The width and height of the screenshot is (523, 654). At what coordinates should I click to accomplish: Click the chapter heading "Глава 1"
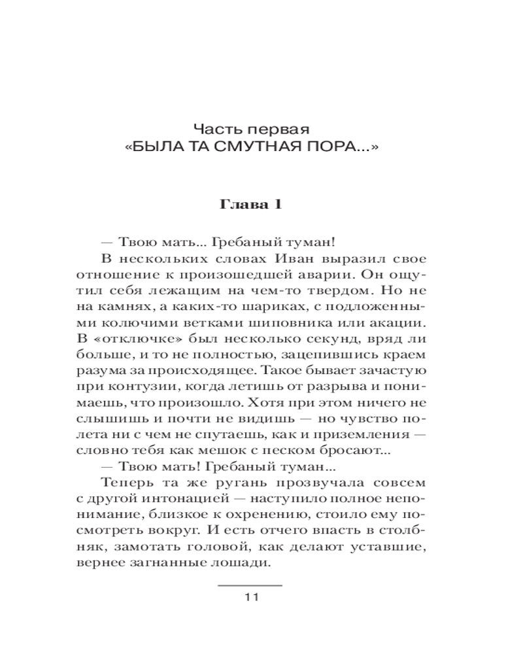[x=251, y=204]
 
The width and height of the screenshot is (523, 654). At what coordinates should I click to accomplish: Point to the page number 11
[x=251, y=597]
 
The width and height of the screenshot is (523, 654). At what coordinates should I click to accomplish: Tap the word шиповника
[x=307, y=323]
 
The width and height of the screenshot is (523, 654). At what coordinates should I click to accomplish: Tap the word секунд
[x=322, y=339]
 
